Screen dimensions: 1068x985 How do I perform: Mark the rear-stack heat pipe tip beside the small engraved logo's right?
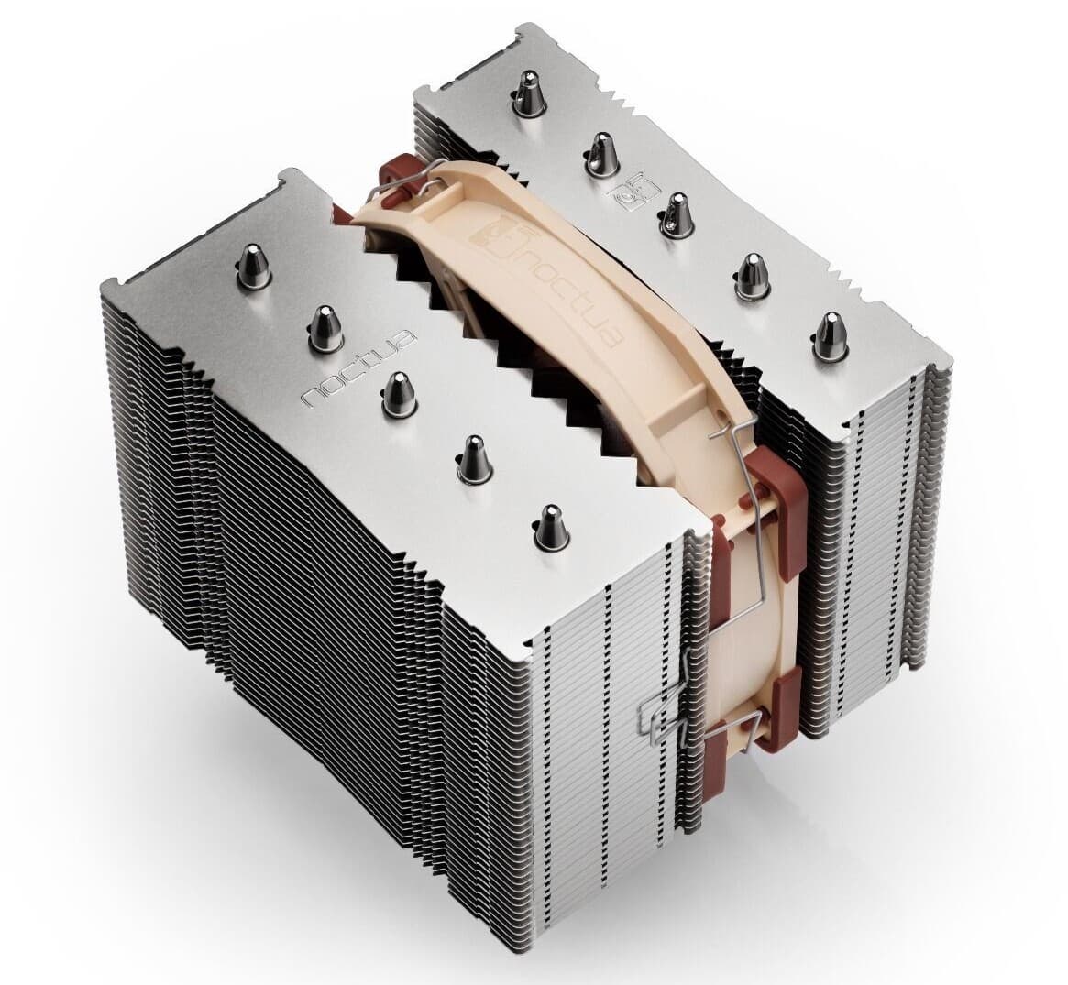[675, 215]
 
